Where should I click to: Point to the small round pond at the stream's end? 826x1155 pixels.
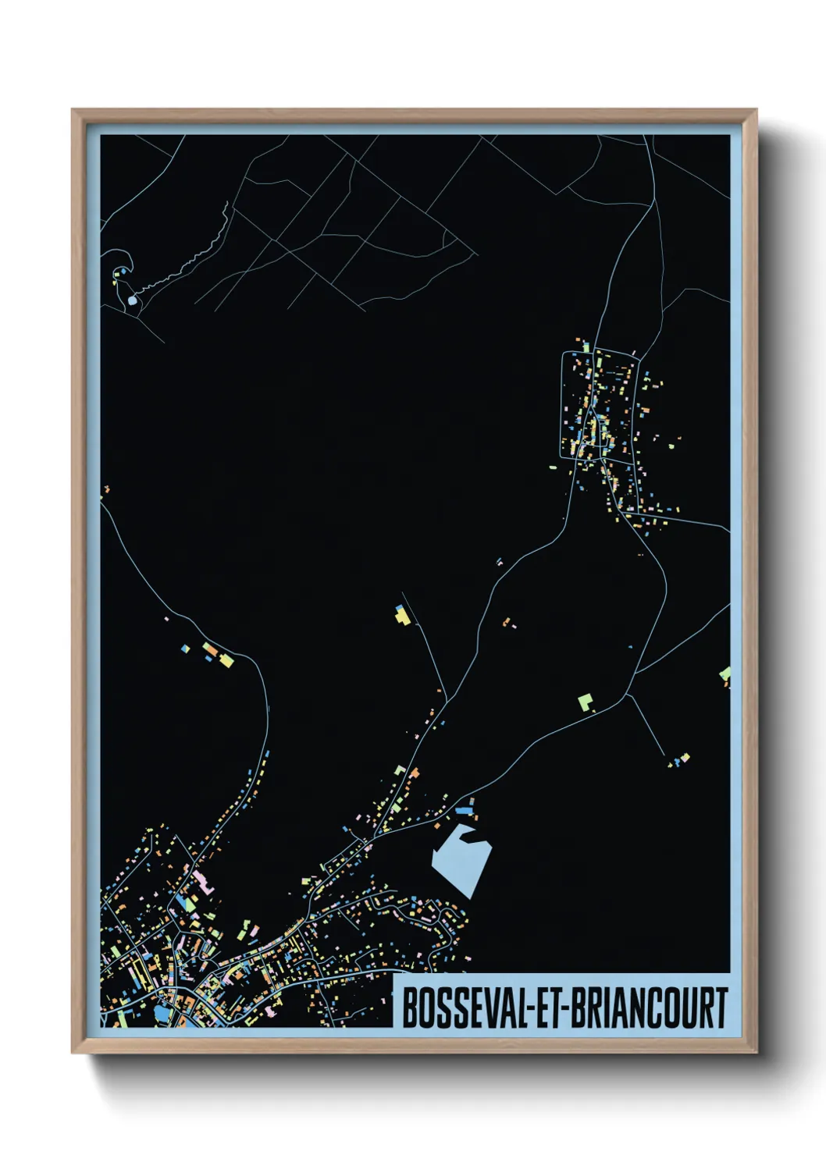(x=132, y=300)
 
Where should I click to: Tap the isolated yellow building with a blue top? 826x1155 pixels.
(x=402, y=616)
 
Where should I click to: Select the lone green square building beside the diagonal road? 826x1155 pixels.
(x=585, y=702)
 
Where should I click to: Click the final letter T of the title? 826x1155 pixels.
(x=721, y=1008)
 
